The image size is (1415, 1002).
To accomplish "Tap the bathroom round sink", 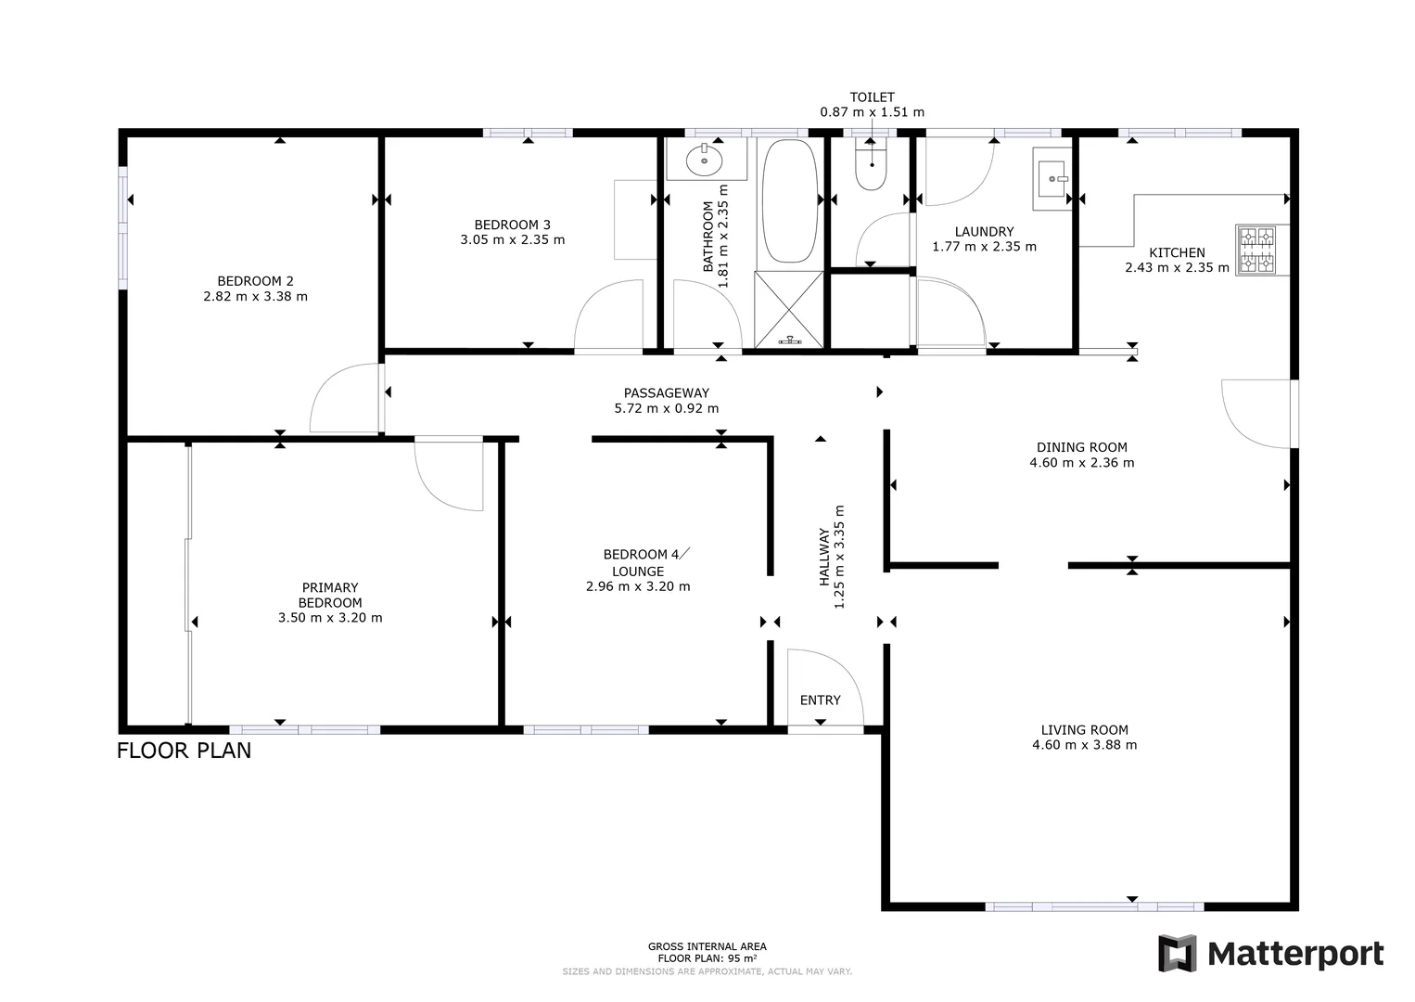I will click(x=704, y=161).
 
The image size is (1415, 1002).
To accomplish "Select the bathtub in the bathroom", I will click(x=789, y=201).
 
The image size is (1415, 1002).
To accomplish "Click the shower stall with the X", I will click(x=789, y=309).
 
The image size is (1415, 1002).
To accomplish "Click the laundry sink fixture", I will click(x=1052, y=178).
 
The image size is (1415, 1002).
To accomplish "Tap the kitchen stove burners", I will click(x=1256, y=250).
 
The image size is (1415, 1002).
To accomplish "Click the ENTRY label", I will click(x=820, y=700).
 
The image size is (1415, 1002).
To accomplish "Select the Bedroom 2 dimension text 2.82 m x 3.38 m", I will click(x=255, y=297).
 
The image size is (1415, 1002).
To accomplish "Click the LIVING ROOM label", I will click(x=1084, y=730).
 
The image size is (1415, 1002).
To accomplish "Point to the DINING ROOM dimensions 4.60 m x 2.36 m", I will click(x=1081, y=462).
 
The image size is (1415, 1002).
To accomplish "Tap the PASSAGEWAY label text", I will click(x=666, y=392).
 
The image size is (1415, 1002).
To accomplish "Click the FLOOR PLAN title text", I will click(x=184, y=751).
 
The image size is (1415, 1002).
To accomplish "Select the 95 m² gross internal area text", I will click(x=707, y=958).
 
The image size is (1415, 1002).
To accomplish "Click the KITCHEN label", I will click(x=1177, y=252).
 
